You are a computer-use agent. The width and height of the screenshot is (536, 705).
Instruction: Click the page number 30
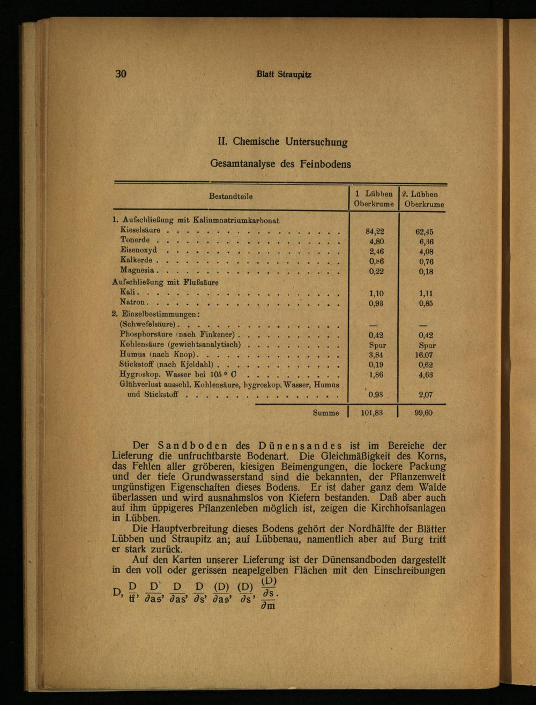click(x=120, y=74)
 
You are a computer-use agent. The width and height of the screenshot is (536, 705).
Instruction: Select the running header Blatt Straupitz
click(x=284, y=74)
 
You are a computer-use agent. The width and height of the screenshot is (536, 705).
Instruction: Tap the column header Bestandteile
click(x=230, y=197)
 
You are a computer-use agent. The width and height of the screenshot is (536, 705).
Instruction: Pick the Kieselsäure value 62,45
click(x=423, y=232)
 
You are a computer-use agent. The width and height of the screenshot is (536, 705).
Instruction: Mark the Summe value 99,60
click(x=423, y=413)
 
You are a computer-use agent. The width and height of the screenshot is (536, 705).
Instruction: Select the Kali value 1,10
click(x=375, y=294)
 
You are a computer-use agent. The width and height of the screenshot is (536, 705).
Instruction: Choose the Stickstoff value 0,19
click(x=375, y=365)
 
